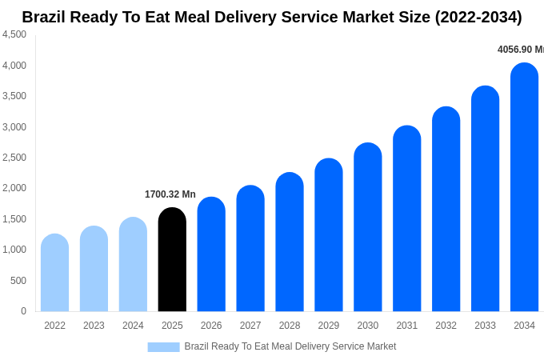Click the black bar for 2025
[x=172, y=260]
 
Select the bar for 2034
[x=524, y=188]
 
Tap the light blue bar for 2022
[x=54, y=273]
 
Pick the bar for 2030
[x=368, y=228]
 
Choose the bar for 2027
[x=250, y=249]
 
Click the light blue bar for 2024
[x=133, y=265]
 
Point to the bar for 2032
[x=446, y=210]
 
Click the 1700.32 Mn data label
[x=170, y=194]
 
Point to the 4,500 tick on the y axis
[x=14, y=34]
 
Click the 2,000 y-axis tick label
[x=14, y=188]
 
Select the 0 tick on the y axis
[x=23, y=311]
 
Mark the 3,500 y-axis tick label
[x=14, y=96]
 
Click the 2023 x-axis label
[x=94, y=326]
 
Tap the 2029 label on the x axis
[x=329, y=326]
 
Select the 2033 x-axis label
[x=485, y=326]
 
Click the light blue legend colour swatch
[x=163, y=347]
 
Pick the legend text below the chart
[x=290, y=346]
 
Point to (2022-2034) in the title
[x=478, y=17]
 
